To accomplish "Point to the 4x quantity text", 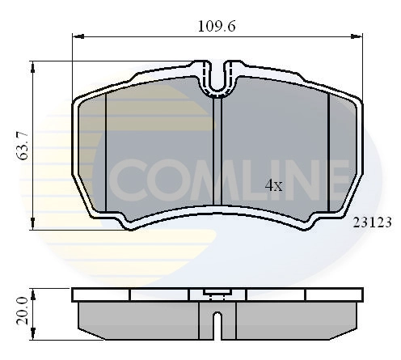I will [x=274, y=185].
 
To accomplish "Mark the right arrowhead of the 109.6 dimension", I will [x=358, y=36].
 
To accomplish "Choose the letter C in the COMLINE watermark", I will [x=126, y=183].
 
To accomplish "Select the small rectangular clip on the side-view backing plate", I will [x=217, y=294].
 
